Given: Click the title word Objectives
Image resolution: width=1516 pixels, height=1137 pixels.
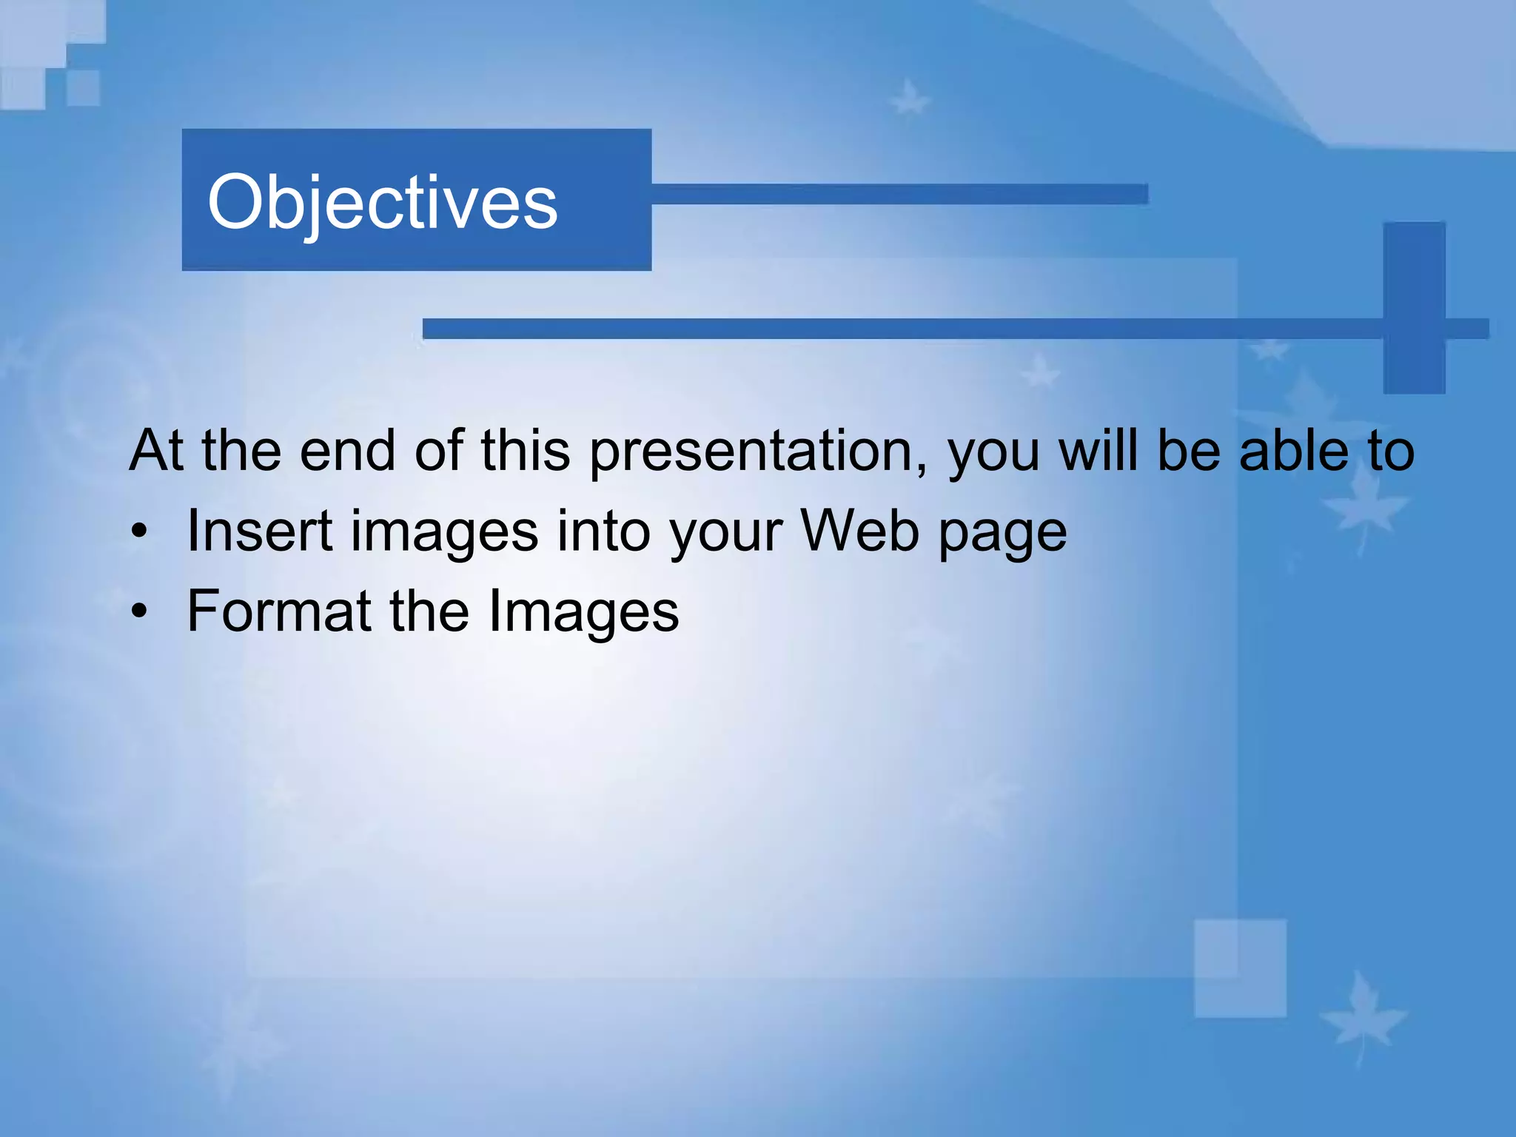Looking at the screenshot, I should pyautogui.click(x=382, y=202).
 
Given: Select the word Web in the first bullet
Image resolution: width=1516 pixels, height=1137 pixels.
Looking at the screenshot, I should pyautogui.click(x=859, y=531).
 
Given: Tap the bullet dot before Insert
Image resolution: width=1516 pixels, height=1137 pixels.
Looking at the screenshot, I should pyautogui.click(x=139, y=532).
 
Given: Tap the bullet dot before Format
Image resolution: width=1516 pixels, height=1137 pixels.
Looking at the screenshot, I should pyautogui.click(x=139, y=612).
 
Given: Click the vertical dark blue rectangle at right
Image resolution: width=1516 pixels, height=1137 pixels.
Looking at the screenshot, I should pyautogui.click(x=1414, y=306).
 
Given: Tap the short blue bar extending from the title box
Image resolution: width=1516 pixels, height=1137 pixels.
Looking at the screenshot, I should pyautogui.click(x=899, y=194).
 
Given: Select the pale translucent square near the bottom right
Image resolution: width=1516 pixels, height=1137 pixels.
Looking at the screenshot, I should pyautogui.click(x=1240, y=967).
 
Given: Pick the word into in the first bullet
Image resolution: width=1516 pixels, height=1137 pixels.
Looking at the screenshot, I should pyautogui.click(x=603, y=531).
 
